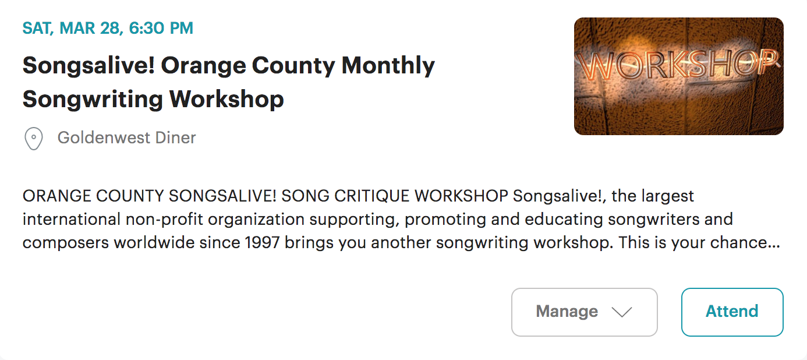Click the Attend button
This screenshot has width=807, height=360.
point(732,312)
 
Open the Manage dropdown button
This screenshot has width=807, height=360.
point(585,312)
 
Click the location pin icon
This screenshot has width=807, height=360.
point(34,139)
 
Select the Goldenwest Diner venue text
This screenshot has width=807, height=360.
point(126,137)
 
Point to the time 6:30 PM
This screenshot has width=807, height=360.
point(161,28)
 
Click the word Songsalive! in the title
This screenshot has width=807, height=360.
point(89,66)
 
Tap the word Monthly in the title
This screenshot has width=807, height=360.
point(388,66)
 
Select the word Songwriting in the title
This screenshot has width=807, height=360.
point(93,100)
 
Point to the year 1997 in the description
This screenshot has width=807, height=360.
point(262,242)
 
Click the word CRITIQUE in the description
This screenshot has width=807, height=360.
point(372,196)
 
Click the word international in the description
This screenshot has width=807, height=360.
point(72,219)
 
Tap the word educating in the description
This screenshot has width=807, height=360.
point(564,220)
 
